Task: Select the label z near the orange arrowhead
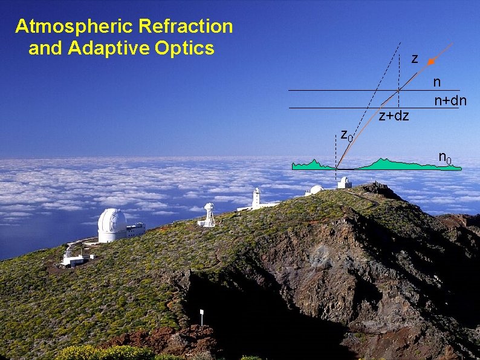click(414, 59)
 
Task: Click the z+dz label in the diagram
click(394, 116)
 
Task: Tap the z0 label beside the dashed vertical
click(346, 134)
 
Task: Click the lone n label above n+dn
click(437, 82)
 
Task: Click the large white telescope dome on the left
click(112, 224)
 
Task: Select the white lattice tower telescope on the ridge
click(209, 215)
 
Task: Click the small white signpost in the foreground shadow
click(201, 315)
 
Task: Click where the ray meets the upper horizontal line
click(399, 90)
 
